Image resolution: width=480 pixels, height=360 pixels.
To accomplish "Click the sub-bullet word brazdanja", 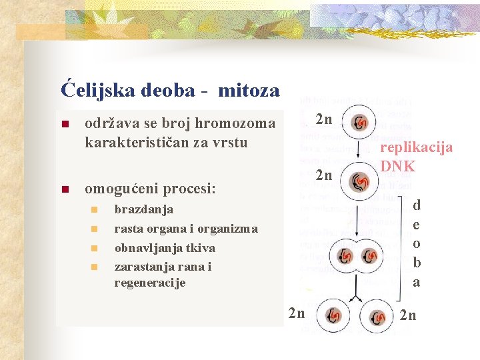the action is coord(144,209).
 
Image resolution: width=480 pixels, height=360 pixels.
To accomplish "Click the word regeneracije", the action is coord(150,283).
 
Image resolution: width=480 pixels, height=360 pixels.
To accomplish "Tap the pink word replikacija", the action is coord(416,147).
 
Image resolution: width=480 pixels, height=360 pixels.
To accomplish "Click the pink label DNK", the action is coord(397,166).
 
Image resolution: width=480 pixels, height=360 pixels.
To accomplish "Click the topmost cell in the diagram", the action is coord(361,122).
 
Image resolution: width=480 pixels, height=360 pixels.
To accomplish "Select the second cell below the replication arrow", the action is coord(360,181).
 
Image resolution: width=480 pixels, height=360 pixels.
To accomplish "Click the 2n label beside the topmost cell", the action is coord(324,120).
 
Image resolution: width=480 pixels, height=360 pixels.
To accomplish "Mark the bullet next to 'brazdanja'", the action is coord(93,210).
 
